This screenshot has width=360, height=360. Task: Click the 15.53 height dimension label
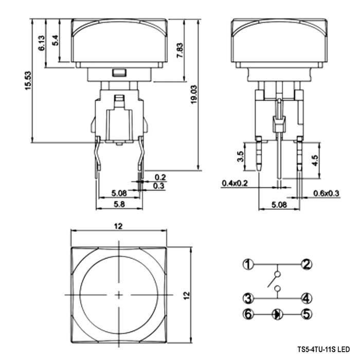(28, 81)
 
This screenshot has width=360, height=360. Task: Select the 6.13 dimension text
(42, 43)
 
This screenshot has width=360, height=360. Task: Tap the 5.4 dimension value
(56, 41)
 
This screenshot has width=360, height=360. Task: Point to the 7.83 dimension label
(180, 50)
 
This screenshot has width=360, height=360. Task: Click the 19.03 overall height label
(194, 94)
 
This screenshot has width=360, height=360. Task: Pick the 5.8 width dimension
(119, 204)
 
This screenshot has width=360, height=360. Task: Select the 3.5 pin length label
(240, 156)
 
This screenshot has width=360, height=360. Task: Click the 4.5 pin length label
(315, 160)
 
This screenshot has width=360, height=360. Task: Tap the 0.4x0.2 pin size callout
(235, 183)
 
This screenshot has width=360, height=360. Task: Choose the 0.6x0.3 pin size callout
(326, 193)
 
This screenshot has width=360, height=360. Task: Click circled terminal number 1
(248, 264)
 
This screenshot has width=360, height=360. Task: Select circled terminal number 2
(307, 264)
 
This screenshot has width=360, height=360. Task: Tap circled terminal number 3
(248, 298)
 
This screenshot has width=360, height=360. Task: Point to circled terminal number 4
(307, 298)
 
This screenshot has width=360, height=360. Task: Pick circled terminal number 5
(307, 314)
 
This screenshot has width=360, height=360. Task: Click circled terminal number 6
(248, 314)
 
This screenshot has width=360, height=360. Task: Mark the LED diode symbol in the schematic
(277, 314)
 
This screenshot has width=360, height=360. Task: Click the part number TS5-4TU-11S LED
(323, 349)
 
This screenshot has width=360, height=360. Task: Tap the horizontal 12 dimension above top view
(118, 226)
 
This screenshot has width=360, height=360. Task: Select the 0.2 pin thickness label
(160, 177)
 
